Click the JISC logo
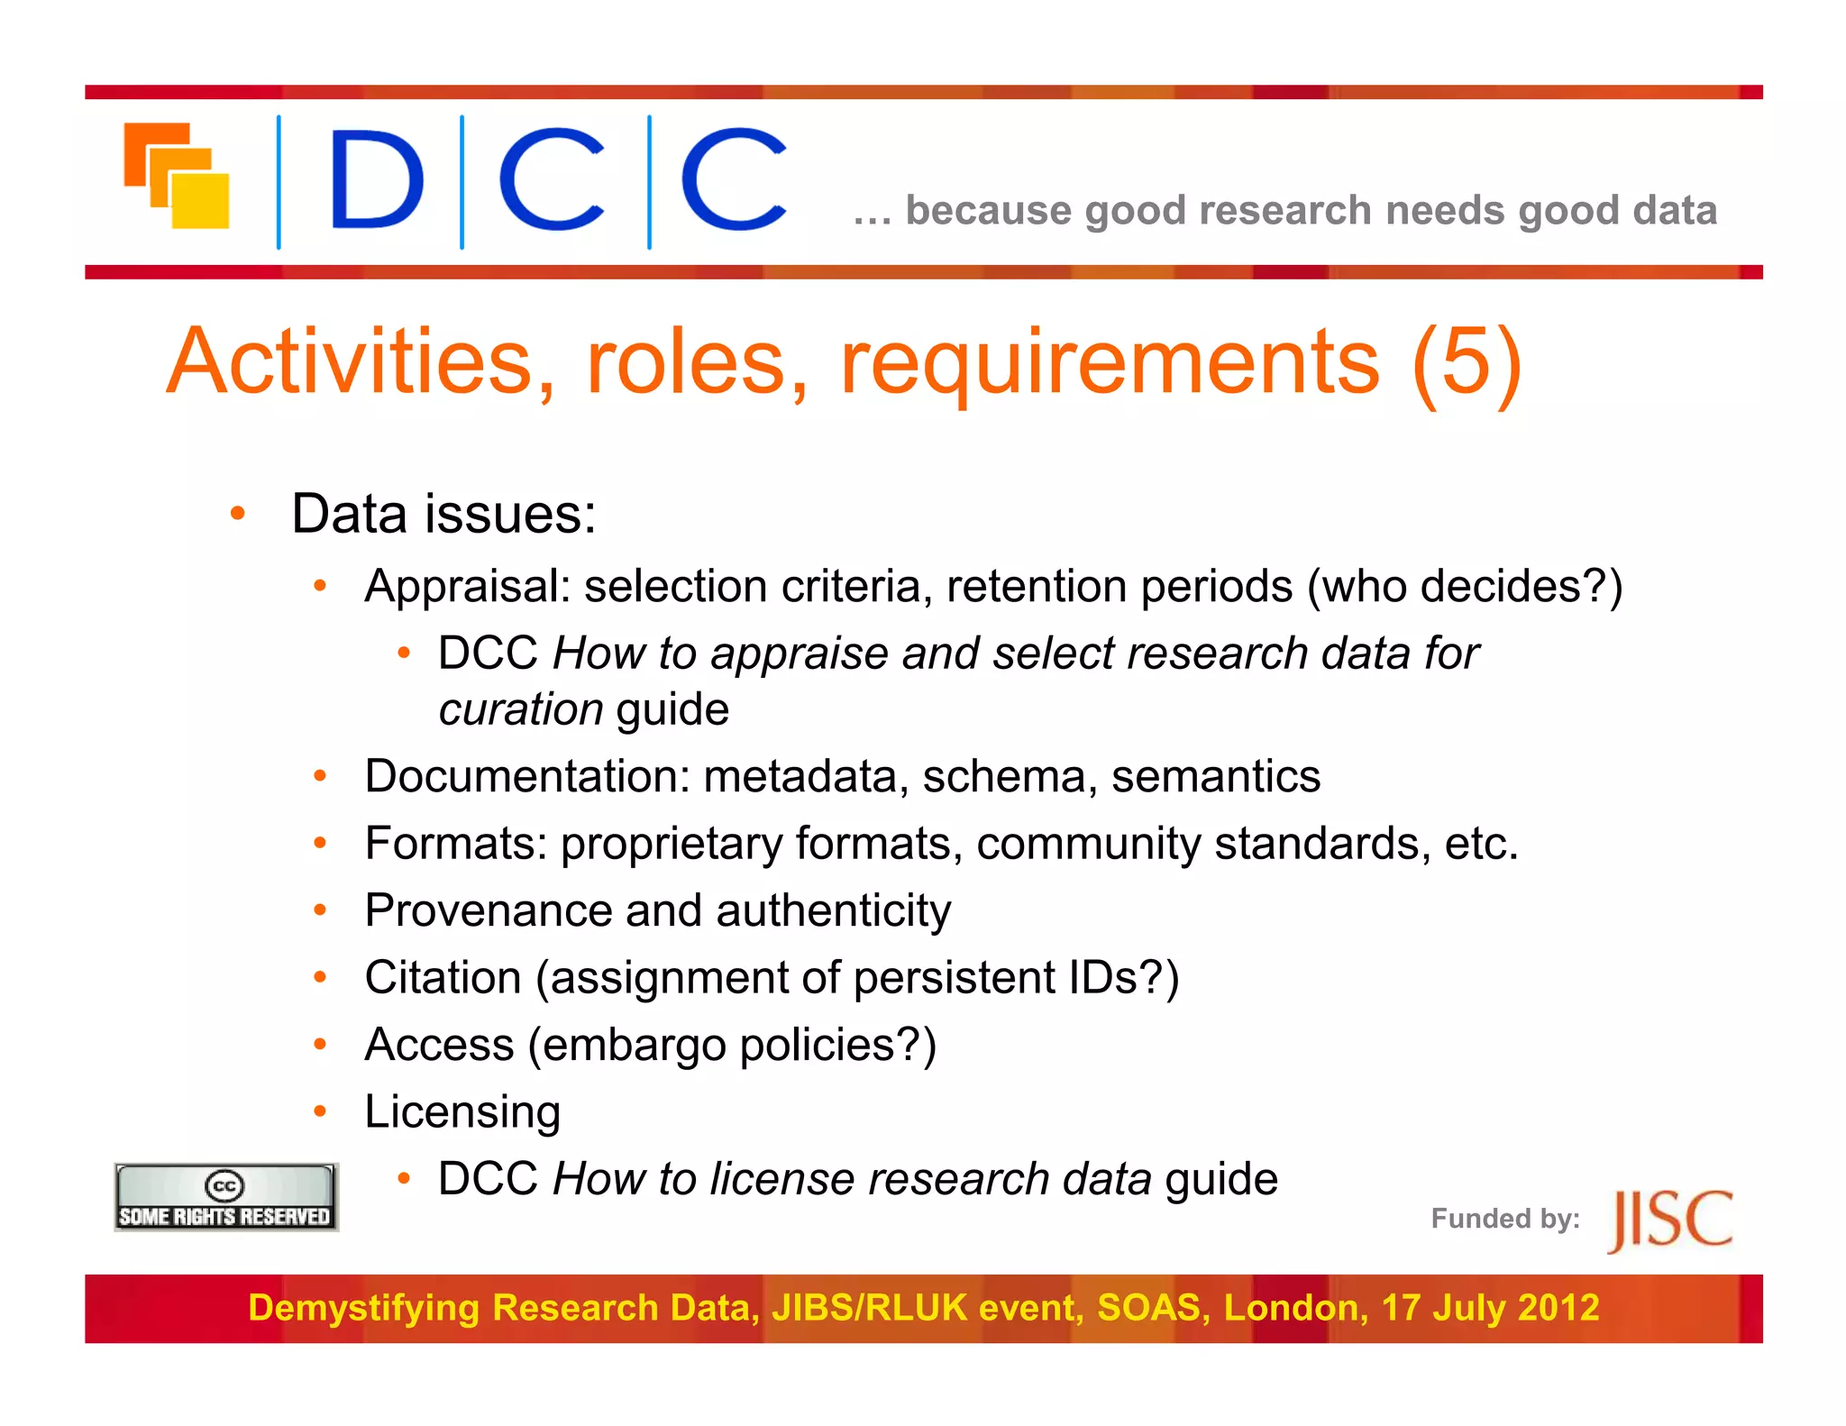point(1669,1220)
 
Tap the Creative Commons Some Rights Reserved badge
point(225,1197)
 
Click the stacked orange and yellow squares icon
point(177,176)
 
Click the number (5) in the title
point(1467,362)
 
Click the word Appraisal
point(467,587)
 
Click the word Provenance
point(487,910)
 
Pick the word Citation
point(443,978)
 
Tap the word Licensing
point(461,1112)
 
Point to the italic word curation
point(520,709)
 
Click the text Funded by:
point(1504,1219)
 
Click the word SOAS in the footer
point(1152,1308)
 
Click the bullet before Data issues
point(238,515)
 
